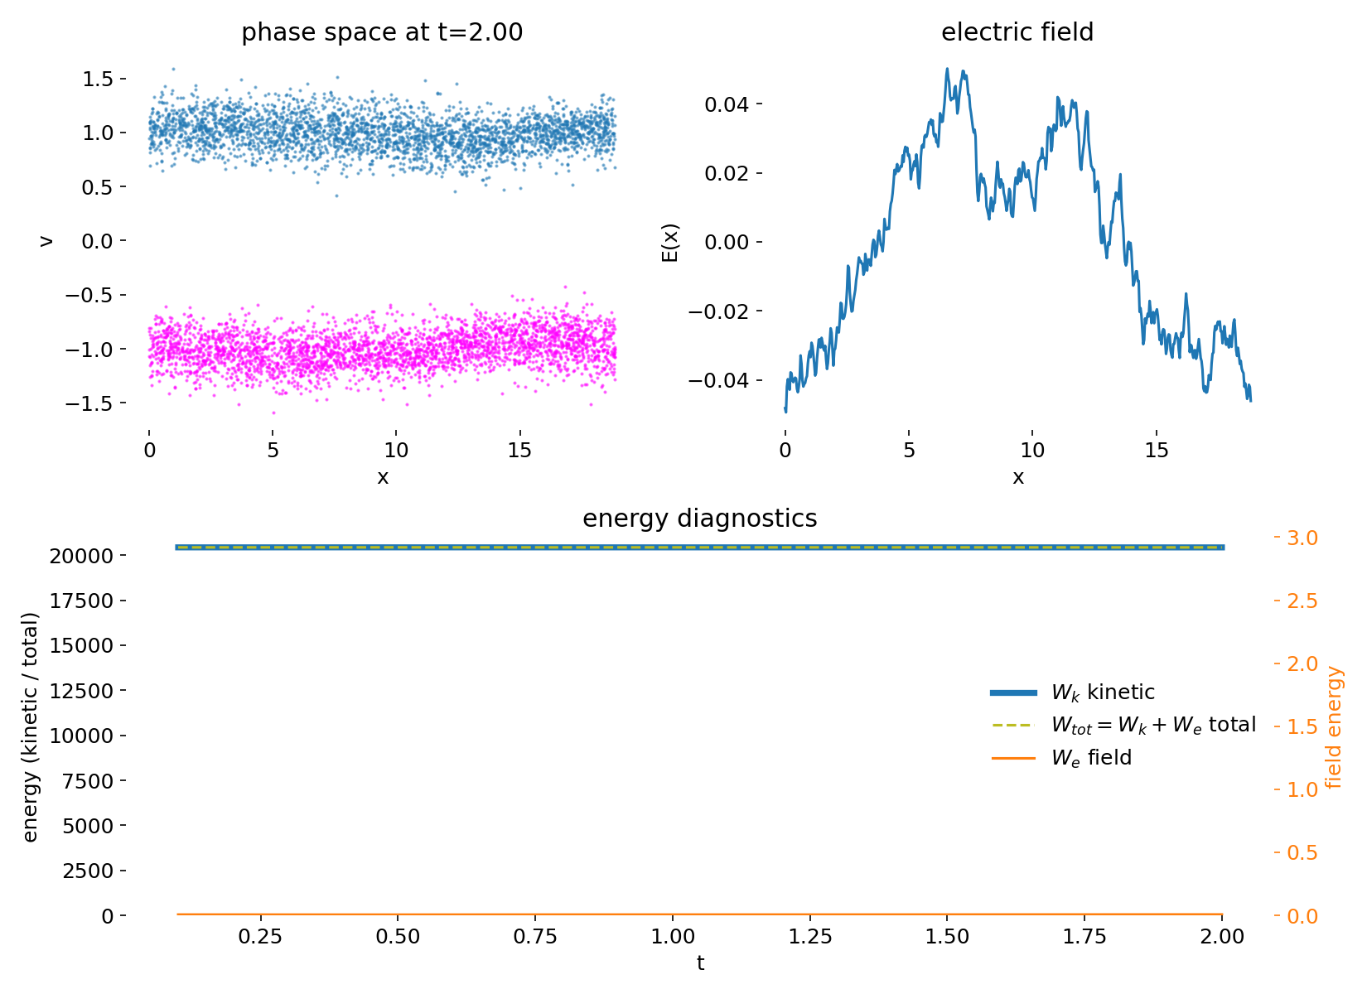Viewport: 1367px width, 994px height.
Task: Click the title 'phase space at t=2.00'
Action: coord(382,33)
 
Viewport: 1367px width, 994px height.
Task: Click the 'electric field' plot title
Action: coord(1017,33)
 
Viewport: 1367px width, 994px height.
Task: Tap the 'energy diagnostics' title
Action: coord(699,519)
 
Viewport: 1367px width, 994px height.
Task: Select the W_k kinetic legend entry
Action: coord(1102,692)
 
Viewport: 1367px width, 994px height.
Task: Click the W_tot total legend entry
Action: coord(1152,725)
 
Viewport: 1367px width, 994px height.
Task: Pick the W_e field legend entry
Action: coord(1090,758)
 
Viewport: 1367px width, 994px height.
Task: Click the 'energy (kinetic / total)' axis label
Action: coord(31,727)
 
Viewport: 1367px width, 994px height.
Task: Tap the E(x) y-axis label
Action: coord(670,242)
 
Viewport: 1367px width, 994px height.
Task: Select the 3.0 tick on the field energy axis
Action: coord(1301,538)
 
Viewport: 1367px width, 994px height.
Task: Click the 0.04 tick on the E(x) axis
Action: coord(727,104)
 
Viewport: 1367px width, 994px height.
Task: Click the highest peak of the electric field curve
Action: coord(947,69)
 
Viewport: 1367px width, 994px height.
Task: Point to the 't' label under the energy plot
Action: coord(700,963)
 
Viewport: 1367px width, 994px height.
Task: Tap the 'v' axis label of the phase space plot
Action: coord(47,241)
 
